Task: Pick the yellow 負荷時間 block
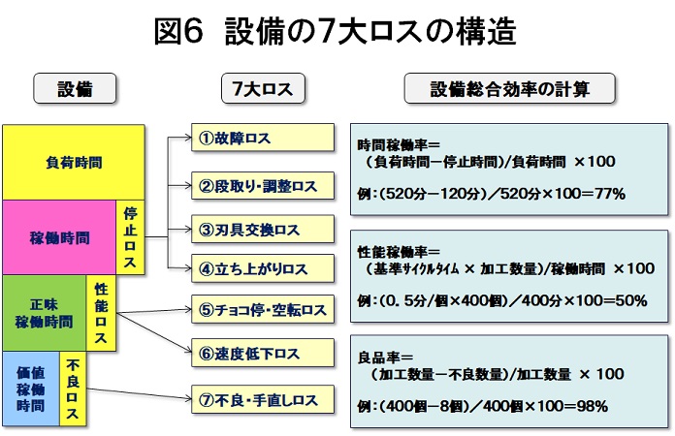click(x=74, y=163)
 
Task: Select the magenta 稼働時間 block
click(x=59, y=236)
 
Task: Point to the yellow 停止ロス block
click(x=130, y=237)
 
